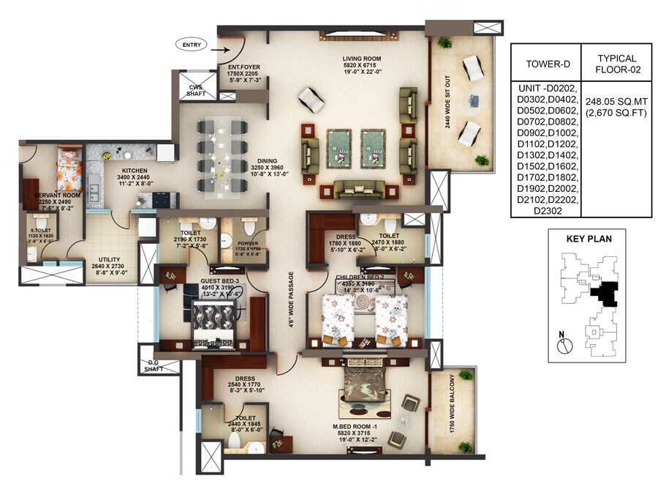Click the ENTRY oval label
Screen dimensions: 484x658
(x=192, y=45)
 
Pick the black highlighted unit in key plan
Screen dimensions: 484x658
(x=604, y=294)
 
